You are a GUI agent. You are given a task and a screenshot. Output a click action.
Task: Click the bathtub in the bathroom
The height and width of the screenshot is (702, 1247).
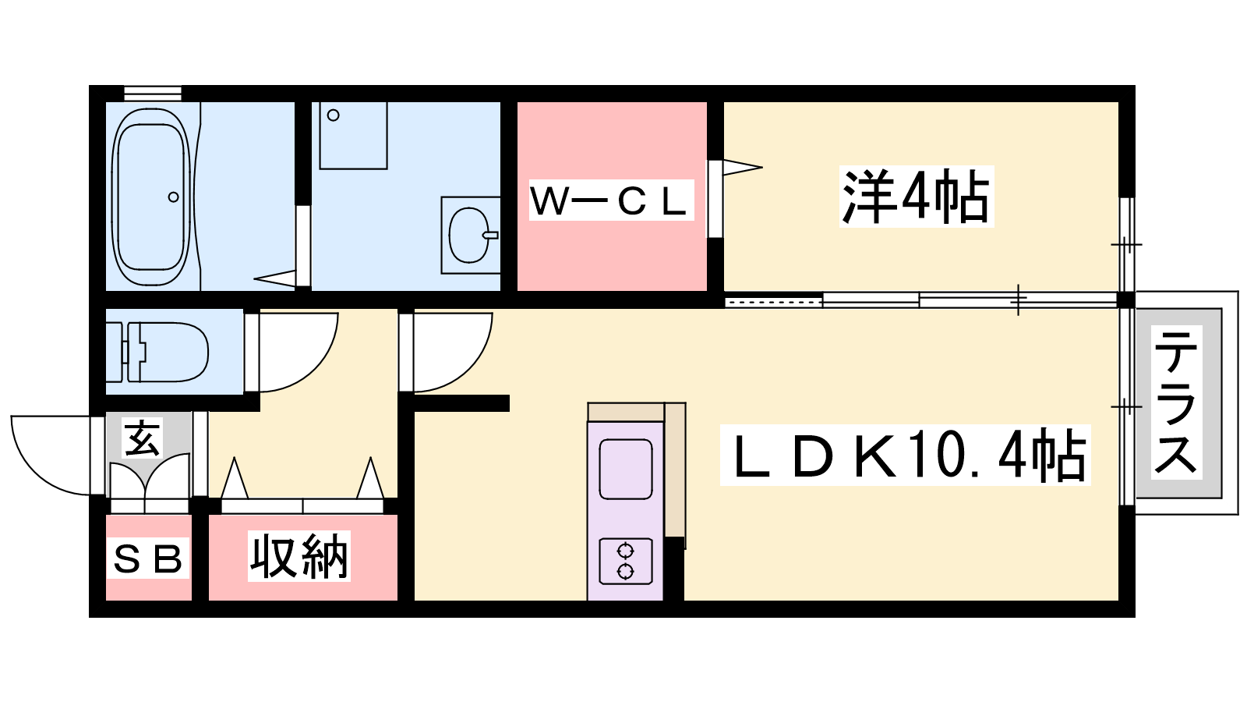(x=151, y=197)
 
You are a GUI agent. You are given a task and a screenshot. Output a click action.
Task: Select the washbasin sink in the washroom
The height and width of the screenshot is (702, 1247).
(x=469, y=235)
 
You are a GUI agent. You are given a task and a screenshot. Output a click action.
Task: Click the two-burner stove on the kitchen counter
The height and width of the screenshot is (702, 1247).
(x=625, y=562)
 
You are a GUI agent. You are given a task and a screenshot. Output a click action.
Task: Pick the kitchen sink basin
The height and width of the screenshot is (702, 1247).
(x=625, y=469)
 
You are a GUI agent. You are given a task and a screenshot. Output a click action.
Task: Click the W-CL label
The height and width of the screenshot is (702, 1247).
(x=611, y=200)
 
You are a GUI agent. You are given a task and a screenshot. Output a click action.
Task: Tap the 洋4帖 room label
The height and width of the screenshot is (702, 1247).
(x=916, y=197)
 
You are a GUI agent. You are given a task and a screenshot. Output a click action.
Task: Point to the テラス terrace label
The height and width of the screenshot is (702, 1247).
(x=1176, y=402)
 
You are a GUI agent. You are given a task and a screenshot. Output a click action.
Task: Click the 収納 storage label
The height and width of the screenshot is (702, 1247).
(x=299, y=557)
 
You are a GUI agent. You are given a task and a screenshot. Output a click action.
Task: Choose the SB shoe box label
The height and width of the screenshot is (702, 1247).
(x=148, y=558)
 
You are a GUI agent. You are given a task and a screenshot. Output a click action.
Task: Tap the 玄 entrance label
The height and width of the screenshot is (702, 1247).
(x=143, y=438)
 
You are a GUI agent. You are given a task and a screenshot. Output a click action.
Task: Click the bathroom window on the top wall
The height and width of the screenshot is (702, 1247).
(x=153, y=93)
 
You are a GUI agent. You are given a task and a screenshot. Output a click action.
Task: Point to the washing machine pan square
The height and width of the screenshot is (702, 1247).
(x=353, y=135)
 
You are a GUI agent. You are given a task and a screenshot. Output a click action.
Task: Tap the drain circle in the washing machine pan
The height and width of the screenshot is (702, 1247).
(x=334, y=115)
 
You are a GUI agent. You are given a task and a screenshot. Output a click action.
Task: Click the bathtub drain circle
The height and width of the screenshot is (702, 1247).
(x=174, y=197)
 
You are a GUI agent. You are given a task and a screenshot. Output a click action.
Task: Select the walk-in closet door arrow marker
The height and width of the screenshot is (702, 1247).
(x=740, y=166)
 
